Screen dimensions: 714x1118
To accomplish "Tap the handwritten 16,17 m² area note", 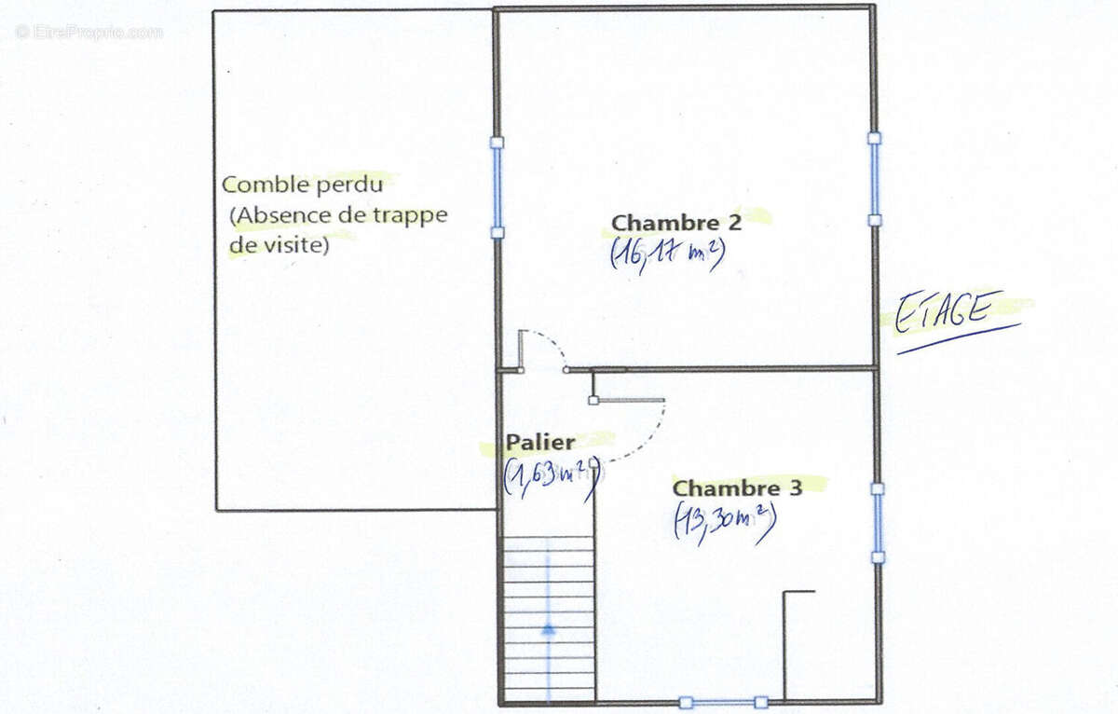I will point(667,253).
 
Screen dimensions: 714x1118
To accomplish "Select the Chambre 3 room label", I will point(737,488).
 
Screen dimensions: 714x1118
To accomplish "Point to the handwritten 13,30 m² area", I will point(725,522).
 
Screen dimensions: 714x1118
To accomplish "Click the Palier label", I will point(540,443).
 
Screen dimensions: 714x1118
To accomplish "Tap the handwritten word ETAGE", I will point(942,311).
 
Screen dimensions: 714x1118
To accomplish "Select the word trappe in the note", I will point(410,215).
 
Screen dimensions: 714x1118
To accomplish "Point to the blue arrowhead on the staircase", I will point(548,629).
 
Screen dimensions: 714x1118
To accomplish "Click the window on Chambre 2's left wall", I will point(498,187).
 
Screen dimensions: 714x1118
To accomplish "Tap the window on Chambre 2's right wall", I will point(874,179).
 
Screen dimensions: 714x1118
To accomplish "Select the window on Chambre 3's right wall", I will point(878,523).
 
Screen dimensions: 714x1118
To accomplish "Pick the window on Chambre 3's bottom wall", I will point(724,702).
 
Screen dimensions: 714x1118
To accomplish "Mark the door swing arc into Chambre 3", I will point(643,438).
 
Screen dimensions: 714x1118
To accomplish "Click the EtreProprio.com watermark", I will point(89,32).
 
